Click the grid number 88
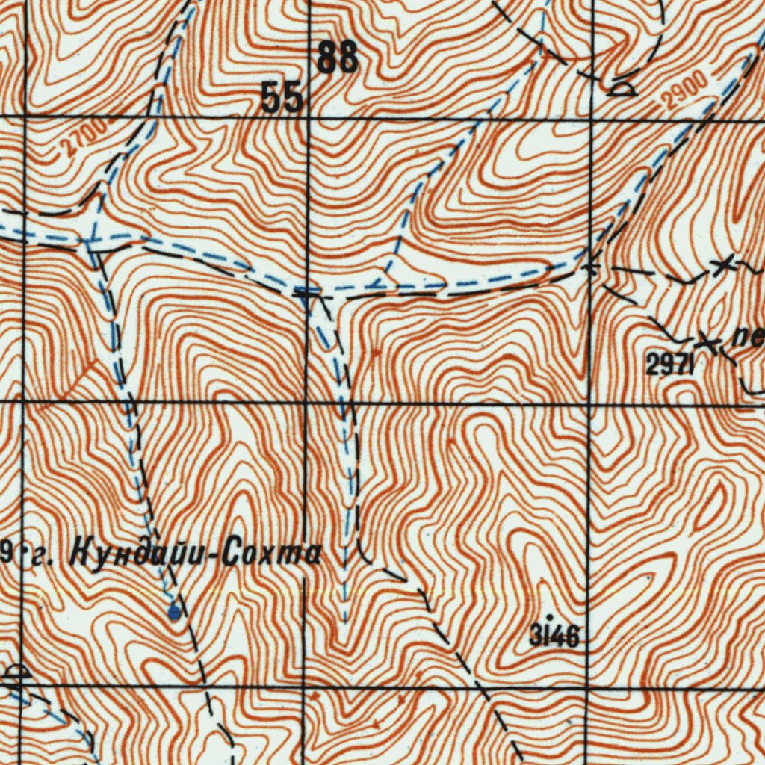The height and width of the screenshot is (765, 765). point(338,58)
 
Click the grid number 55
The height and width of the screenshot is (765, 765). point(283,98)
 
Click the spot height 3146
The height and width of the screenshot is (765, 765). point(554,637)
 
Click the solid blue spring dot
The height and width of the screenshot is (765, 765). point(174,613)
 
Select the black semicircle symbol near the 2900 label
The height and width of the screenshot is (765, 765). point(621,90)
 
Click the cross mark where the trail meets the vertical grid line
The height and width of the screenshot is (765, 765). point(591,266)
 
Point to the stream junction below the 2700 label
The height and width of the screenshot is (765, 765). point(89,240)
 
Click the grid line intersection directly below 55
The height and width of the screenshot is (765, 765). point(307,117)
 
